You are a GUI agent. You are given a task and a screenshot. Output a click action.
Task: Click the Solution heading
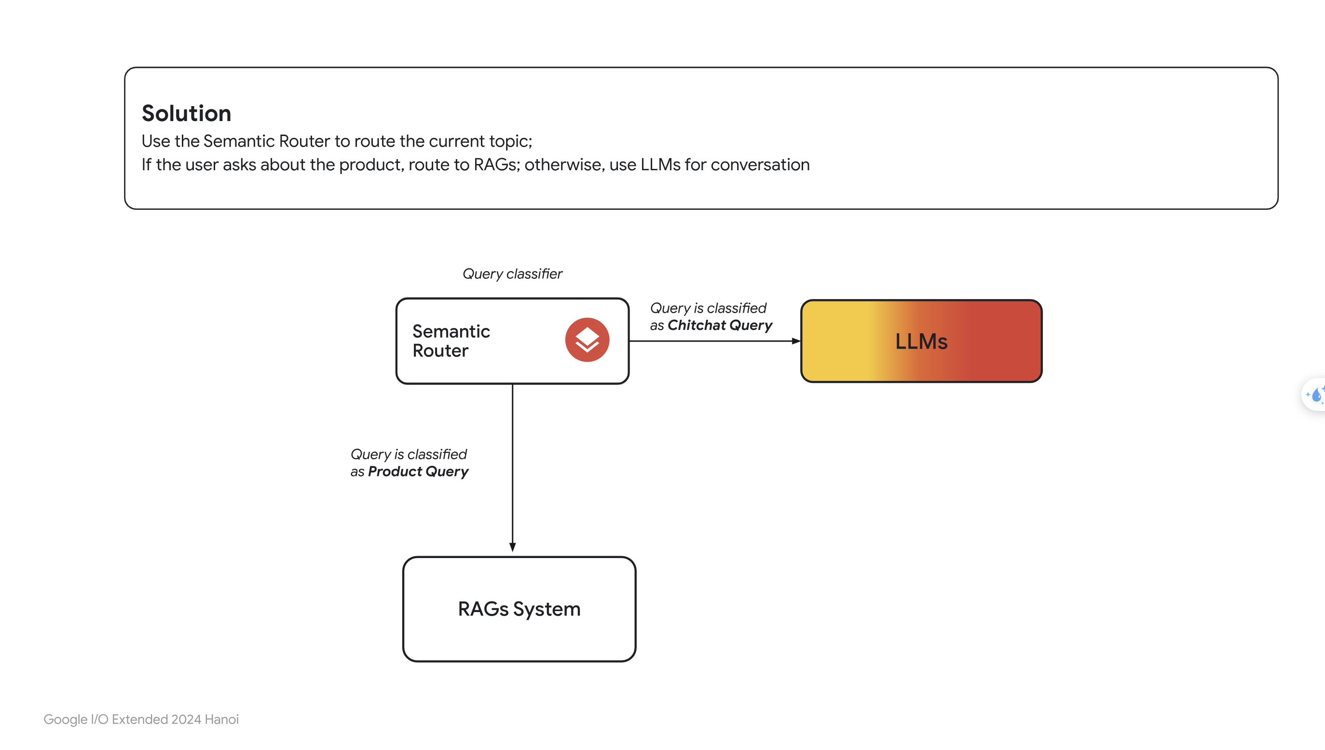pyautogui.click(x=187, y=113)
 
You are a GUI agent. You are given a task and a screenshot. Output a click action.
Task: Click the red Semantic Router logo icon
pyautogui.click(x=587, y=340)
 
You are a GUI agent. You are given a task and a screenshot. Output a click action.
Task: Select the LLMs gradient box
pyautogui.click(x=921, y=341)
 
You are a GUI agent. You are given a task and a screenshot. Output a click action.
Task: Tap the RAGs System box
pyautogui.click(x=519, y=609)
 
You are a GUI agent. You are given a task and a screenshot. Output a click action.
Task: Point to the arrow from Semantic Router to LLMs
pyautogui.click(x=715, y=341)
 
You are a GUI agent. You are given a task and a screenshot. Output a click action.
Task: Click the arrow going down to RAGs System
pyautogui.click(x=513, y=468)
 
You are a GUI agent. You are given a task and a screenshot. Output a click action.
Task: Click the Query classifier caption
pyautogui.click(x=513, y=273)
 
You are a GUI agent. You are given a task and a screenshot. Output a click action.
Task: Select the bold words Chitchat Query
pyautogui.click(x=720, y=325)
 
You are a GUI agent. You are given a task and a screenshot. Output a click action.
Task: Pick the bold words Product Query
pyautogui.click(x=418, y=471)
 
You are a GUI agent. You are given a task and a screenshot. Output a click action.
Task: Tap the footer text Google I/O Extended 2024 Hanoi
pyautogui.click(x=141, y=719)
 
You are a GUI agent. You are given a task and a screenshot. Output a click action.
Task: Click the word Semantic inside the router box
pyautogui.click(x=451, y=331)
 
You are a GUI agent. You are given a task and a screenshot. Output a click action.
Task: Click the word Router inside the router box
pyautogui.click(x=440, y=351)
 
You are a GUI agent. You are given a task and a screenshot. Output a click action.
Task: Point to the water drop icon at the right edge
pyautogui.click(x=1317, y=395)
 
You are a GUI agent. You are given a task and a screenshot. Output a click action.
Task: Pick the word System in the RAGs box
pyautogui.click(x=546, y=609)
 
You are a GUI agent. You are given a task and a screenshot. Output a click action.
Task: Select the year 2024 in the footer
pyautogui.click(x=186, y=719)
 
